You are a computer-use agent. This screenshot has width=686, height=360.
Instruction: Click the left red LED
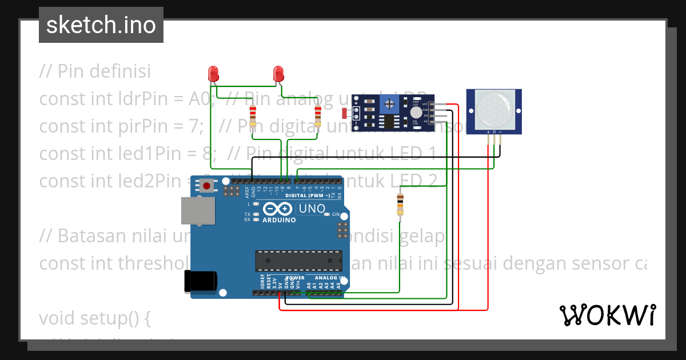click(213, 73)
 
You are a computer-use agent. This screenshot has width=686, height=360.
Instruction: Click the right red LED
click(278, 73)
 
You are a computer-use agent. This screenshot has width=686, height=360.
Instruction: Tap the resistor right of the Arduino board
click(400, 205)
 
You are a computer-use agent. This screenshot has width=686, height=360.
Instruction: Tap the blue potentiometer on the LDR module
click(390, 103)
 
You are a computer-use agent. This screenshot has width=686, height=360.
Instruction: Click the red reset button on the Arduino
click(206, 186)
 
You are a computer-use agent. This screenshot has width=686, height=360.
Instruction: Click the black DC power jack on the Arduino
click(200, 281)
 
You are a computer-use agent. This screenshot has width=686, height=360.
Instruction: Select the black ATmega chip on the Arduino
click(298, 261)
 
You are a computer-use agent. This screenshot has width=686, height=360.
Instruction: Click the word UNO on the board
click(312, 209)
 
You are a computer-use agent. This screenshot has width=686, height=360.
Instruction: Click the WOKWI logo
click(607, 315)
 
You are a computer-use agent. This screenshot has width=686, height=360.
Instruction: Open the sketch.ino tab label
click(101, 25)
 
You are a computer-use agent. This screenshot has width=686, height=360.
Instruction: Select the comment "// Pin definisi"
click(95, 71)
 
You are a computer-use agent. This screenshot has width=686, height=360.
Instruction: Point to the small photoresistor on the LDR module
click(344, 113)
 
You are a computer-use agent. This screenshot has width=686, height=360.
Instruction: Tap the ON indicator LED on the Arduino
click(327, 215)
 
